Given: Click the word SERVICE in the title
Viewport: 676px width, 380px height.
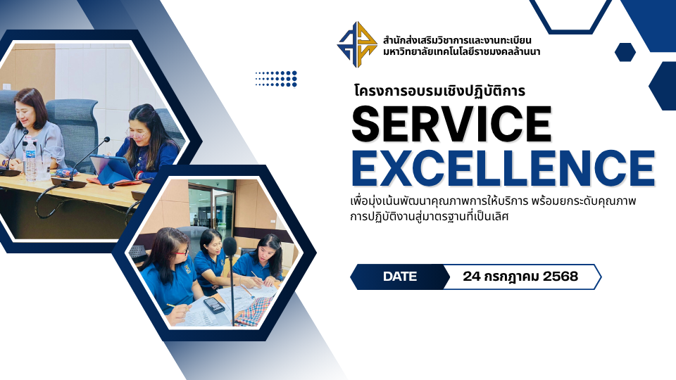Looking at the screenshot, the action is coord(451,124).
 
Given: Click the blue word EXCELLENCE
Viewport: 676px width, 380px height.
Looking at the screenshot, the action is coord(503,168).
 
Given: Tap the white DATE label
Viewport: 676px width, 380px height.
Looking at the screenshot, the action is coord(400,277).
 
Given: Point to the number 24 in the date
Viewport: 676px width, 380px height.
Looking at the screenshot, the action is coord(471,276).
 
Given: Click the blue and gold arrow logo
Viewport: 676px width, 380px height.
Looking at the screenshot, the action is coord(357,44).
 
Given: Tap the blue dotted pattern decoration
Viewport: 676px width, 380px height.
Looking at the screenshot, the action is coord(276,79).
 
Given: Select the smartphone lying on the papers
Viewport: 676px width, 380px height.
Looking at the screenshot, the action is coord(214,305).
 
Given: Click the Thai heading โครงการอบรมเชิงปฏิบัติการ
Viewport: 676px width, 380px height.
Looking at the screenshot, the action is coord(439,91).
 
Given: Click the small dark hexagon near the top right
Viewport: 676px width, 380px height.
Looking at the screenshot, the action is coord(625,52).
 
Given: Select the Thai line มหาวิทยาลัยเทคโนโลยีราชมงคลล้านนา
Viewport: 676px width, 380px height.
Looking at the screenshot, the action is coord(461,52).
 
